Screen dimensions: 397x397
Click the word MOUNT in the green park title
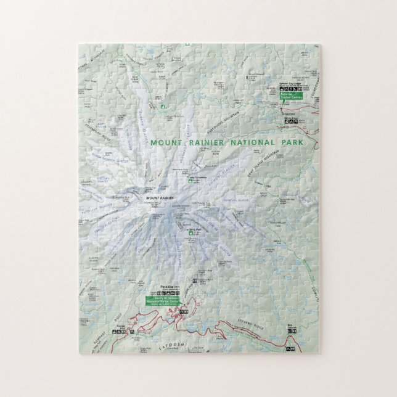click(x=163, y=142)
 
